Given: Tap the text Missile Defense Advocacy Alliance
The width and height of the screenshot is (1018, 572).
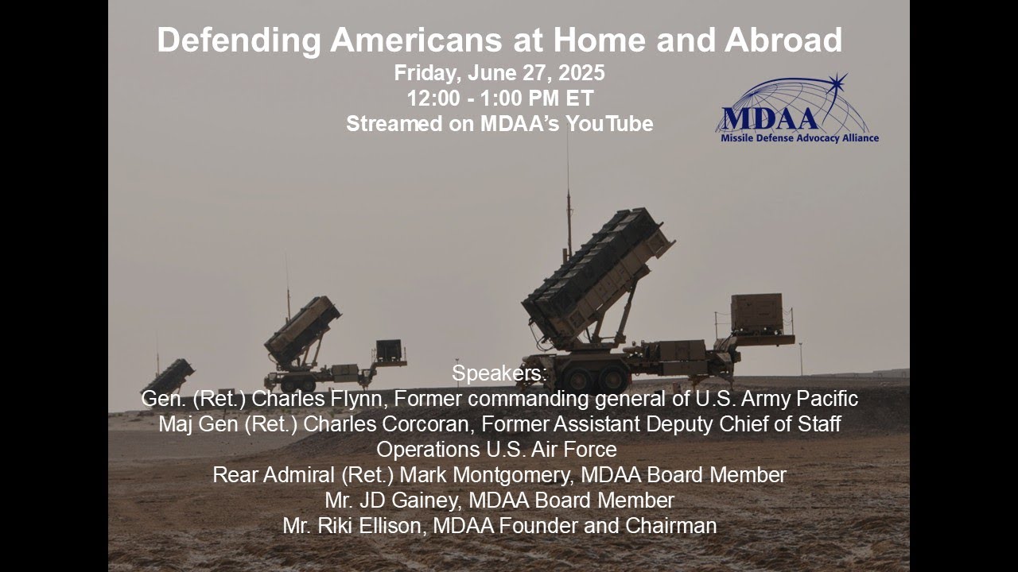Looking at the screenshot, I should [798, 138].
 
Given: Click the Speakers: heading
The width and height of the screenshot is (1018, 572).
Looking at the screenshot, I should [499, 373].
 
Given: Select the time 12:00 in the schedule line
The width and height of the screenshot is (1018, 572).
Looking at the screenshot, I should [432, 99].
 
